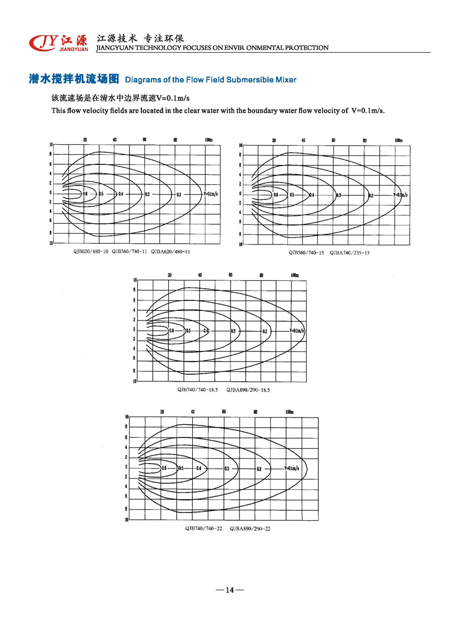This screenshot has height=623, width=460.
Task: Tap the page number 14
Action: [x=229, y=590]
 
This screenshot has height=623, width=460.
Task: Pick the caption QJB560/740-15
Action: [x=306, y=253]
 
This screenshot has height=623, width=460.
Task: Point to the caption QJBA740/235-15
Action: [x=349, y=253]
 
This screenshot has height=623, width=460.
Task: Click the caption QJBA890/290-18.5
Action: [x=248, y=390]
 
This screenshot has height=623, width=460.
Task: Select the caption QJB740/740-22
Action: [x=204, y=528]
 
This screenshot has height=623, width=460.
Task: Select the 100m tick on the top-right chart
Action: [x=398, y=140]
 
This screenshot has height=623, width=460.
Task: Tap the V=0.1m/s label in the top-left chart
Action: [x=211, y=194]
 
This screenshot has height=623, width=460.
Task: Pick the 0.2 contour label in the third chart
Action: [x=265, y=331]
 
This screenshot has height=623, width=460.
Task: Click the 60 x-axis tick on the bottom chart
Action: [x=223, y=411]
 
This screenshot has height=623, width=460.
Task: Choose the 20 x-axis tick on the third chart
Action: [x=169, y=275]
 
